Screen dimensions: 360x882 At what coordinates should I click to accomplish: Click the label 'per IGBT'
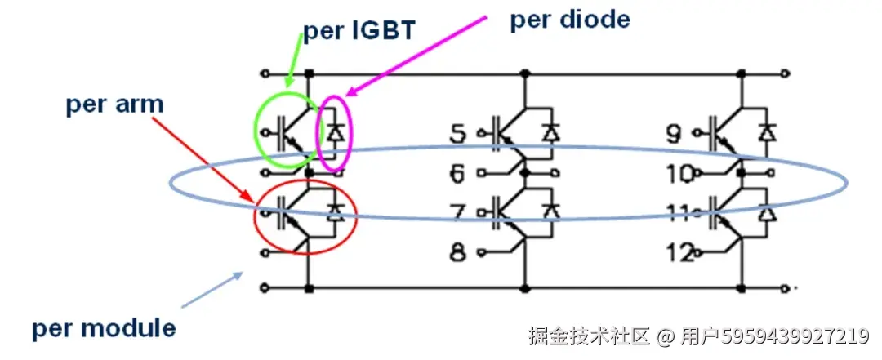click(x=360, y=31)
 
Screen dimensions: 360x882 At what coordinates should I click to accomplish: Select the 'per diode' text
click(x=570, y=20)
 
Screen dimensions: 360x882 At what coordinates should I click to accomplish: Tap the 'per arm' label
click(x=115, y=104)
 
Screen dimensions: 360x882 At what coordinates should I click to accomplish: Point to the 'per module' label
click(x=104, y=328)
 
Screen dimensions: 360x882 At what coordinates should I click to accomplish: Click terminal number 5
click(x=459, y=132)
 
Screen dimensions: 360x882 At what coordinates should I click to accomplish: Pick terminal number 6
click(x=459, y=172)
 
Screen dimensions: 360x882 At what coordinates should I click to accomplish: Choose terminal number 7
click(x=458, y=214)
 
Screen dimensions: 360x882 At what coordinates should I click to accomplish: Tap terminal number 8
click(x=459, y=252)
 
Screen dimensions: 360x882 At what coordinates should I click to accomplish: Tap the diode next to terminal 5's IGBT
click(x=552, y=131)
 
